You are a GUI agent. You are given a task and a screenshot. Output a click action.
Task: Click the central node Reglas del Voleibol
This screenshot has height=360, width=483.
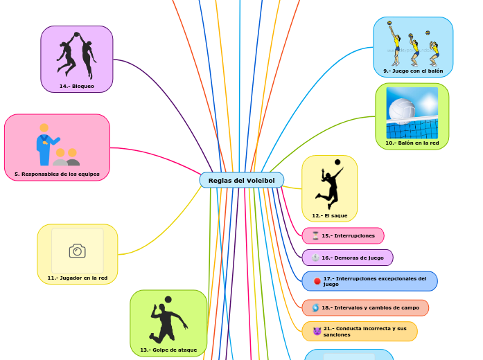241,181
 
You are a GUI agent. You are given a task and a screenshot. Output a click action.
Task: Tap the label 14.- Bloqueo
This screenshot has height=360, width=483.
76,86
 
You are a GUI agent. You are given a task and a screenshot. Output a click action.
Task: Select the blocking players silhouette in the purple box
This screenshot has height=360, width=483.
76,55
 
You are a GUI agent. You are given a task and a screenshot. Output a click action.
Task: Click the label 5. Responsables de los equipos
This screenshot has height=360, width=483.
57,174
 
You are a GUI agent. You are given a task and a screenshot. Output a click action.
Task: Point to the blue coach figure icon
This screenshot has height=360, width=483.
46,145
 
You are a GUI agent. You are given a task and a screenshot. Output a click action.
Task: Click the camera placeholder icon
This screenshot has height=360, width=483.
77,251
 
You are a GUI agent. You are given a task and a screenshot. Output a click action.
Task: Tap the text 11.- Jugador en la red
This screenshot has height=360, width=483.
77,278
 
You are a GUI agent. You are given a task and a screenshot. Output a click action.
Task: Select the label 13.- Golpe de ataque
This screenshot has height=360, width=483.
168,350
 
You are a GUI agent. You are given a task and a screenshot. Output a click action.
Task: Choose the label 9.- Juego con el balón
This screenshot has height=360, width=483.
413,71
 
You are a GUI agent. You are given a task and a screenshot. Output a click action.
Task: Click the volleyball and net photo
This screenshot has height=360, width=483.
412,113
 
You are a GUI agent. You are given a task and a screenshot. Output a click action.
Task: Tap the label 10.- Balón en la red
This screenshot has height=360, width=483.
412,143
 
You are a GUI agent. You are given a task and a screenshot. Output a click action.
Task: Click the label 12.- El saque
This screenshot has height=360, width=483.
329,215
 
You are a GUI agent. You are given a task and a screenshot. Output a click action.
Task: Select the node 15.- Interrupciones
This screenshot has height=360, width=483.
348,236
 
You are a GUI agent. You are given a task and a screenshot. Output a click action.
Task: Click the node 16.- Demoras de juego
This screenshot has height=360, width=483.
352,258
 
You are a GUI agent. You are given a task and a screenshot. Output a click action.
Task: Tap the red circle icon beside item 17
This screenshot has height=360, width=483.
317,281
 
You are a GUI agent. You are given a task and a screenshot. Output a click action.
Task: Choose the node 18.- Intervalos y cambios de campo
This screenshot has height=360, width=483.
370,307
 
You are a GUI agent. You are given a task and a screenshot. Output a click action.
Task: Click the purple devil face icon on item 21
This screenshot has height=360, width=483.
317,331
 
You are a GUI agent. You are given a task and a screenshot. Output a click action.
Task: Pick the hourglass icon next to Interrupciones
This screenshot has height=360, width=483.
315,236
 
